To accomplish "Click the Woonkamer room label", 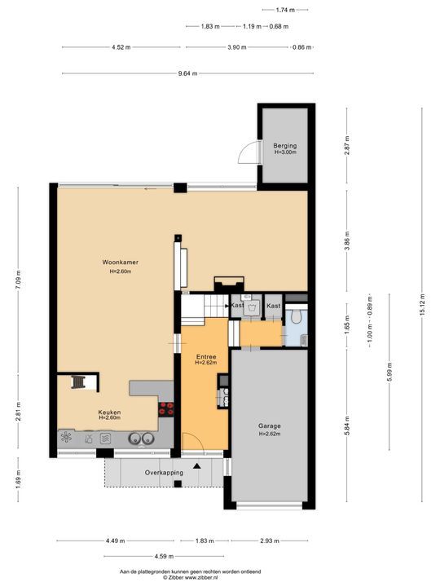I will (120, 262).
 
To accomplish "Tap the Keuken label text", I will (110, 413).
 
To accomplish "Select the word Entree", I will (205, 357).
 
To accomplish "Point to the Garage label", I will (269, 426).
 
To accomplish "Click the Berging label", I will (285, 145).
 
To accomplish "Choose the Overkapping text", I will (162, 473).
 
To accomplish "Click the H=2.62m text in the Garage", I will (269, 435).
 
